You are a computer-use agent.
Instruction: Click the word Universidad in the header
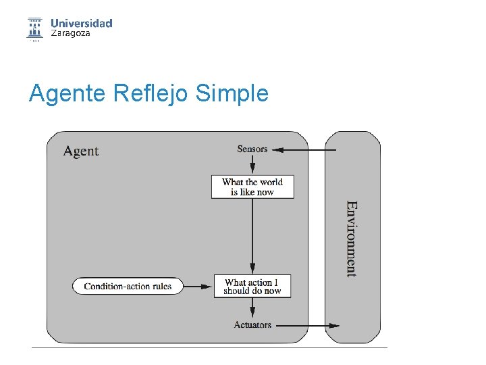[x=82, y=23]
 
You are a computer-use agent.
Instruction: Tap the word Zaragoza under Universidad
[x=70, y=34]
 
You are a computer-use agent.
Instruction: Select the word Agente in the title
[x=67, y=93]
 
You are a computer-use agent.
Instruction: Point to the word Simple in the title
[x=232, y=93]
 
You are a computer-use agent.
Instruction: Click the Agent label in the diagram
[x=81, y=151]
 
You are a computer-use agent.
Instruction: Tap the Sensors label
[x=252, y=149]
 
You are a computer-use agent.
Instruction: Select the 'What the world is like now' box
[x=252, y=187]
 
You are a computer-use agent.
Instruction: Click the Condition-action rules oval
[x=128, y=286]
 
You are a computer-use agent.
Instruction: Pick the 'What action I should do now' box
[x=252, y=286]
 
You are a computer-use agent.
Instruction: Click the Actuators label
[x=252, y=325]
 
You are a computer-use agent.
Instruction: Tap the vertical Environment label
[x=352, y=239]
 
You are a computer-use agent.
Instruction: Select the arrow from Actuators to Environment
[x=307, y=325]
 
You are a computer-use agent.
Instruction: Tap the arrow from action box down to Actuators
[x=252, y=308]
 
